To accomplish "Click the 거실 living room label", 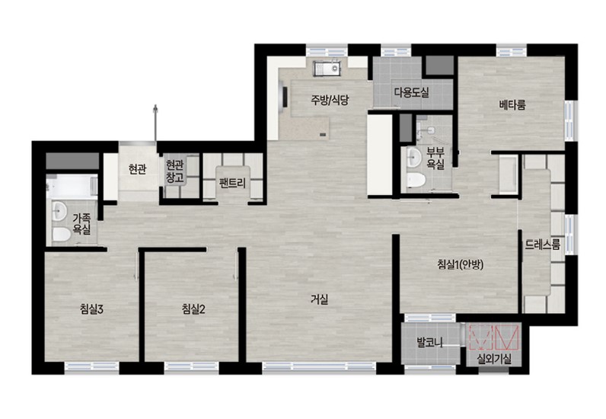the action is tap(320, 299).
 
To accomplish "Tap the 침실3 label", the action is tap(91, 309).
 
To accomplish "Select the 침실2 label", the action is tap(193, 309).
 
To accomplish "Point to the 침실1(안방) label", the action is tap(461, 264).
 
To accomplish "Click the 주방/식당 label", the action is tap(330, 101).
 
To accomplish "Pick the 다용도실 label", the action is tap(412, 92).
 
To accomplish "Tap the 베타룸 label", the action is tap(512, 104).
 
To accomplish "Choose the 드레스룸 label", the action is tap(543, 245).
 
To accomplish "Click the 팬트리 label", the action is tap(232, 183).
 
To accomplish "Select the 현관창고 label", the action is tap(174, 171).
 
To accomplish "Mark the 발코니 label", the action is tap(430, 342).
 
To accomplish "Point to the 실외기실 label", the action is tap(494, 359).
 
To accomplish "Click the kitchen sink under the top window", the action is tap(327, 69).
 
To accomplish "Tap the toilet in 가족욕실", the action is tap(61, 234).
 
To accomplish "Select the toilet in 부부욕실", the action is tap(416, 180).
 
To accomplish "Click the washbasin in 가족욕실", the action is tap(59, 211).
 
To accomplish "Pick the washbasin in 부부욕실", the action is tap(414, 158).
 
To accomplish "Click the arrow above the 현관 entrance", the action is tap(155, 123).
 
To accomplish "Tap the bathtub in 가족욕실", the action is tap(72, 187).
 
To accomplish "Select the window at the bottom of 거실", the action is tap(319, 366).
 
